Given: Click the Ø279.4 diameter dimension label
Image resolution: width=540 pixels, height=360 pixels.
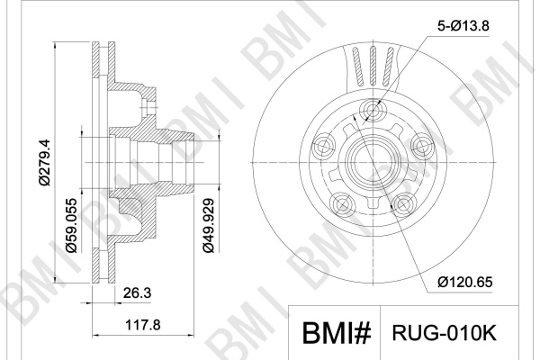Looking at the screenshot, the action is click(45, 162).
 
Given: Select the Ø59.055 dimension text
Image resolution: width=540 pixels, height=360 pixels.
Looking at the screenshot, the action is click(72, 225).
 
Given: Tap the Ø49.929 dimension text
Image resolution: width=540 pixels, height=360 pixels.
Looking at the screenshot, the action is click(209, 225).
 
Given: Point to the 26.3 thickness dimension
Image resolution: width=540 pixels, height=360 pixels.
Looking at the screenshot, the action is click(137, 293).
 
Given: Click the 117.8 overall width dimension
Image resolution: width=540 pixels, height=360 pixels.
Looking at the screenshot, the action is click(142, 325).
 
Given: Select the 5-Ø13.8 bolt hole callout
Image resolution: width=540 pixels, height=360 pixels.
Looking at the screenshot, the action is click(463, 26).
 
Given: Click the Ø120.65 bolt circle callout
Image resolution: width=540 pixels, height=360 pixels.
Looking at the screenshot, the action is click(465, 282).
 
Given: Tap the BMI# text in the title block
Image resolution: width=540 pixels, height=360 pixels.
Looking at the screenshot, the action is click(337, 333).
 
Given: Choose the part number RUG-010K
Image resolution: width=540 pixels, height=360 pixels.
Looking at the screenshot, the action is click(445, 333).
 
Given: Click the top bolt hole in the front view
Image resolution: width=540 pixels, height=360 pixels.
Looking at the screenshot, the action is click(373, 111).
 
